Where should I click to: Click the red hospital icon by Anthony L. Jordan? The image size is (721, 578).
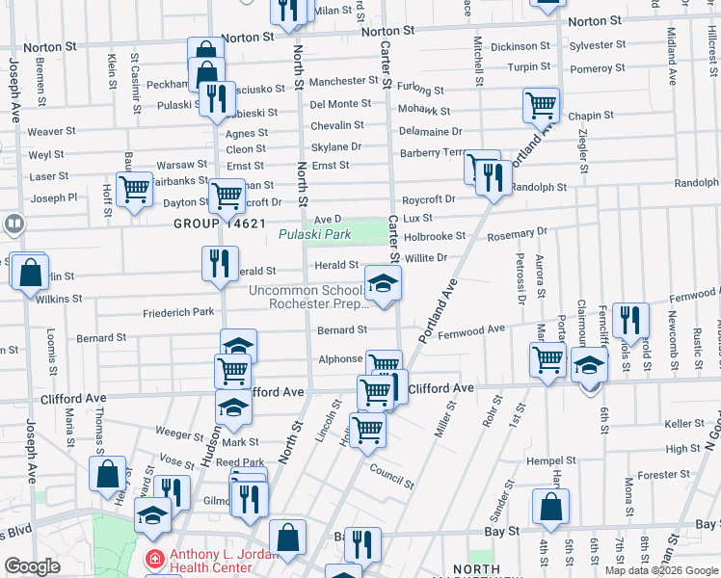[x=154, y=559]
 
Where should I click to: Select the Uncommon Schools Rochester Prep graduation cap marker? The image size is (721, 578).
[x=383, y=284]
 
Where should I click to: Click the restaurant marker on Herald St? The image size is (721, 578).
[x=220, y=263]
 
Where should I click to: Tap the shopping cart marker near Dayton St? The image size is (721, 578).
[x=227, y=197]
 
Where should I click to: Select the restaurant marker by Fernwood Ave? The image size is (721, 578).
[x=630, y=321]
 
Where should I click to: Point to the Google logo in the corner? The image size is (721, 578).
[x=32, y=566]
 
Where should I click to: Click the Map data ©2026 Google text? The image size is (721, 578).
[x=661, y=570]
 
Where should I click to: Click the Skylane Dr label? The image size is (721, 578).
[x=335, y=146]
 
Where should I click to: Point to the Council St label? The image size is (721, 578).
[x=390, y=472]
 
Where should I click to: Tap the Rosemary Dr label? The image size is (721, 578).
[x=517, y=231]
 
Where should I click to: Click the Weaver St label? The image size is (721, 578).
[x=51, y=131]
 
